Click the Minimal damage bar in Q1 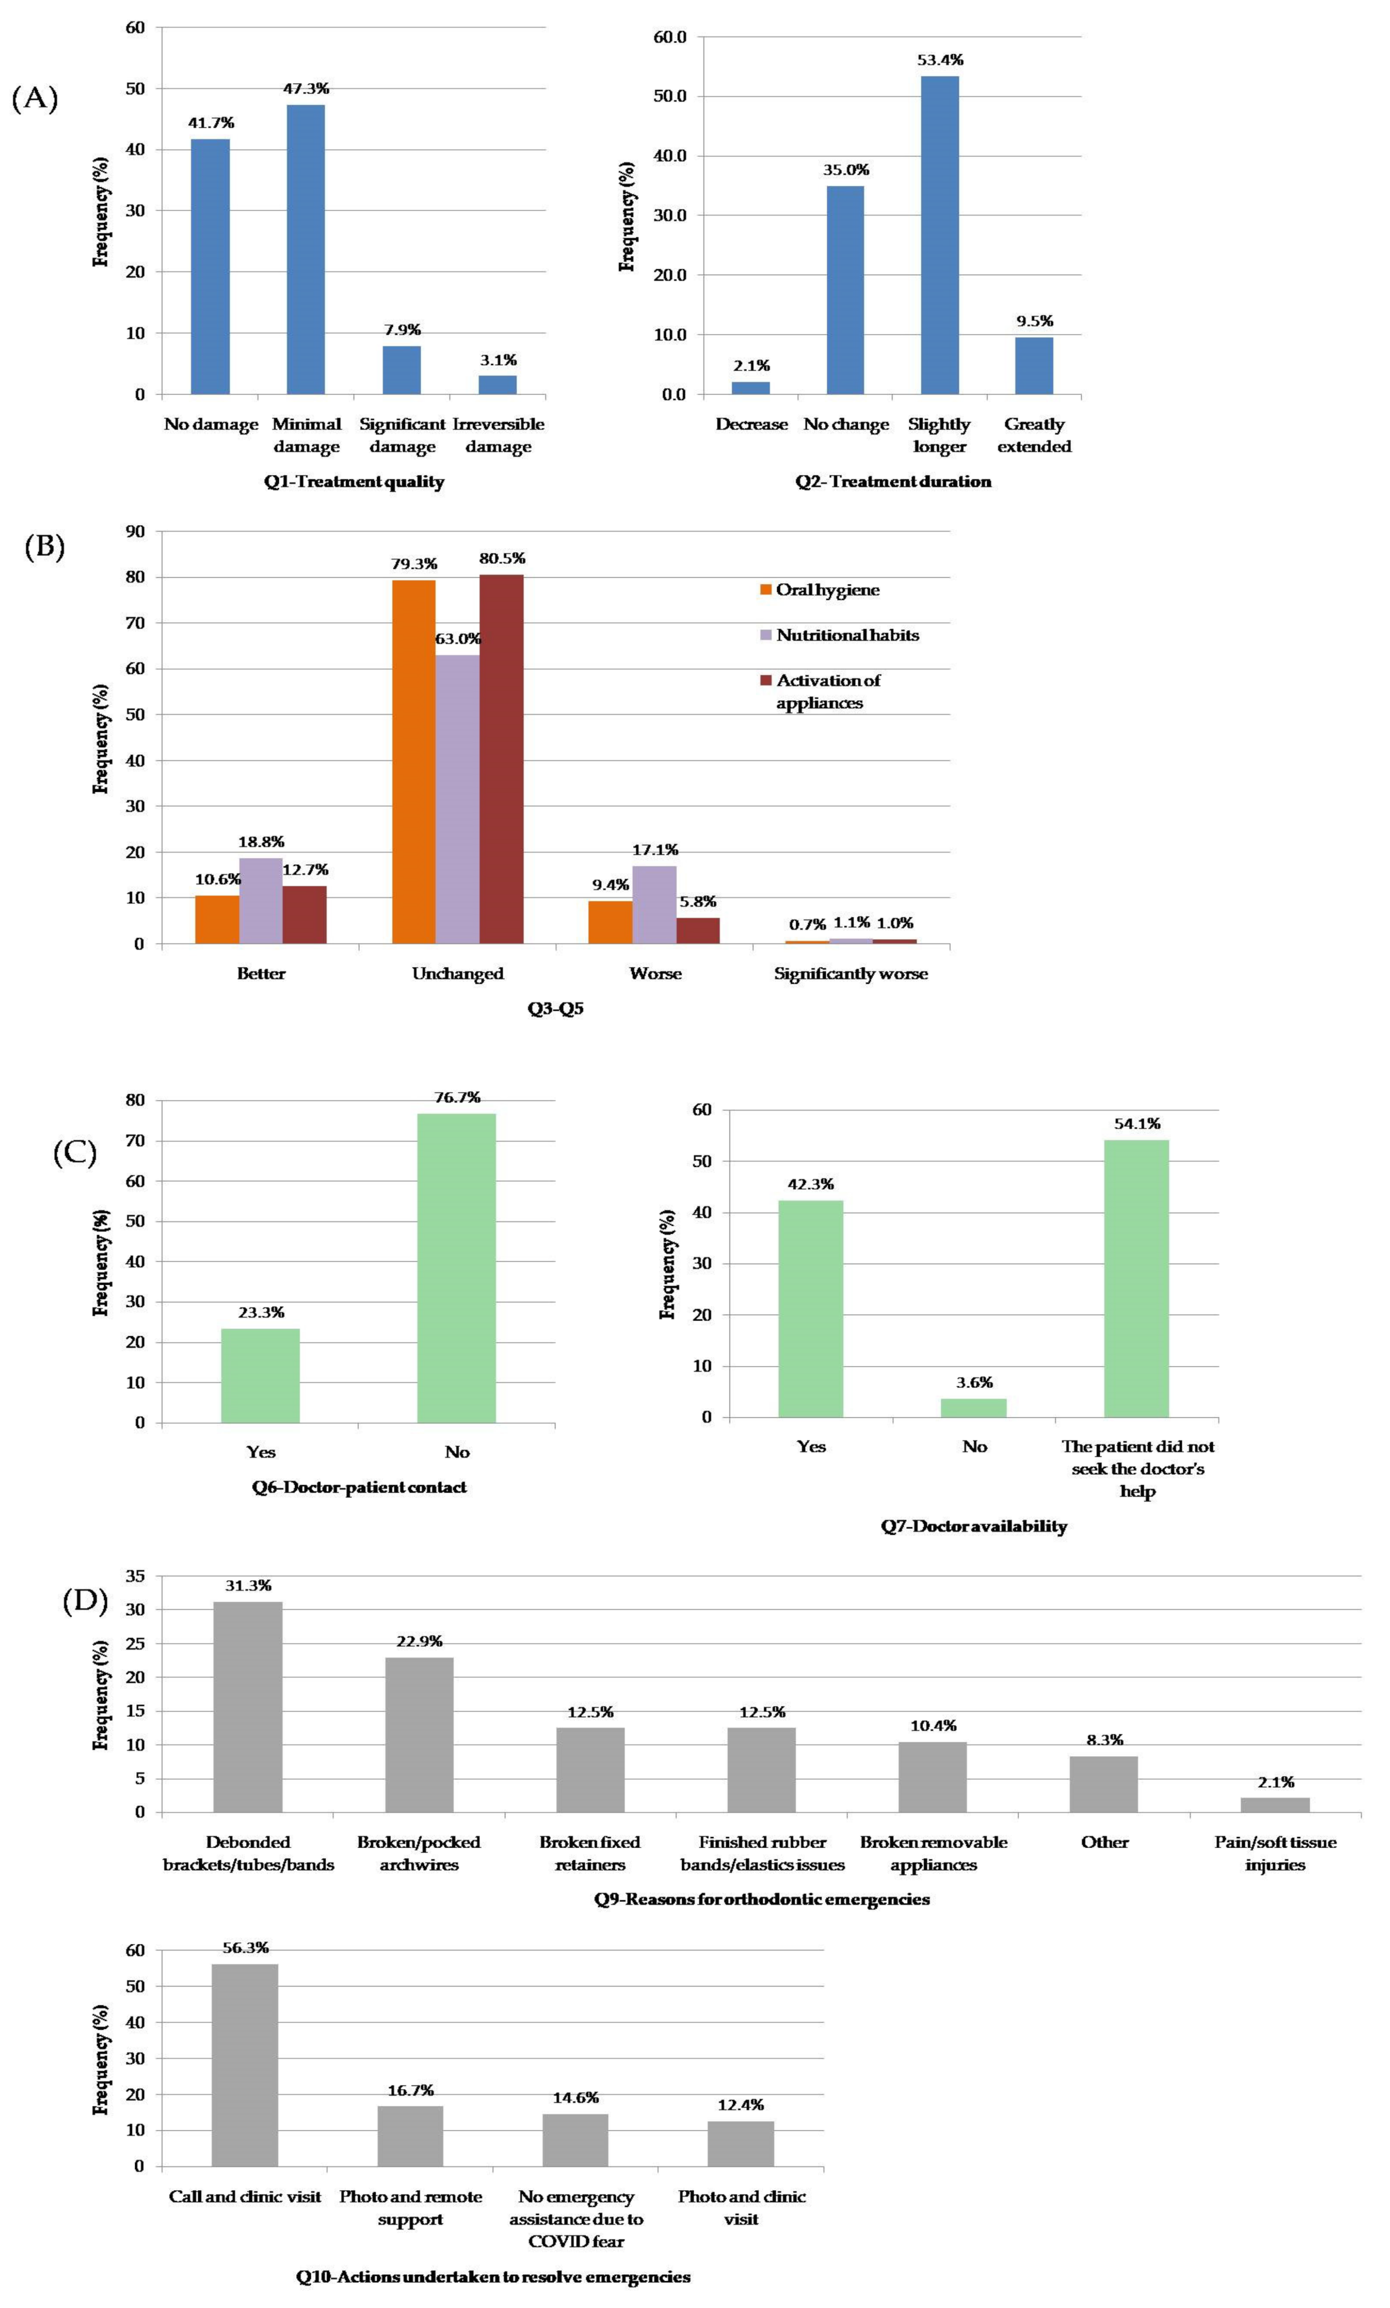tap(306, 249)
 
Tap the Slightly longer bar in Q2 tap(939, 235)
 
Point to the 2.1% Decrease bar tap(750, 388)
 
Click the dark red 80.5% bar tap(501, 759)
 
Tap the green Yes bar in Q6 tap(260, 1375)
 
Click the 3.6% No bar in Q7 tap(973, 1408)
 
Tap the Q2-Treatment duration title tap(892, 481)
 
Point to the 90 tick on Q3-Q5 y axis tap(136, 531)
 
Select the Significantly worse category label tap(850, 973)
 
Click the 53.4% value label tap(939, 60)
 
